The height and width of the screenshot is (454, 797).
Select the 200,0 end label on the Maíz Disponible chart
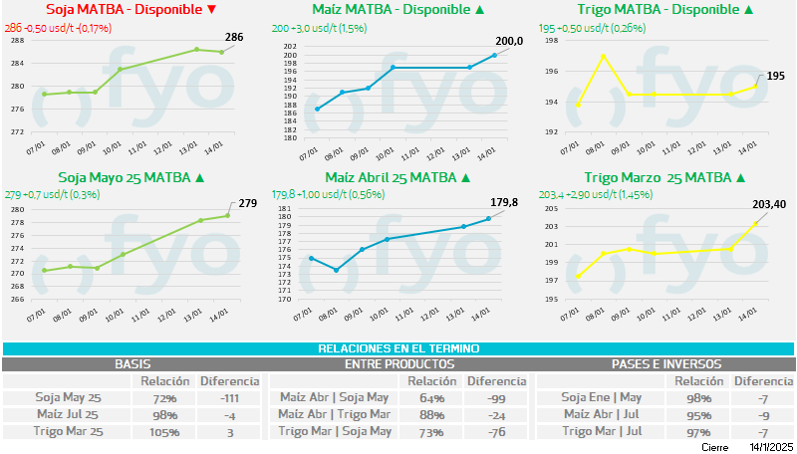pos(510,41)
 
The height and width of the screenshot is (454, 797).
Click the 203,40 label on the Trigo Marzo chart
pos(766,204)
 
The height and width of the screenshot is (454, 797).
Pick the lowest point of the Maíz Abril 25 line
pos(337,270)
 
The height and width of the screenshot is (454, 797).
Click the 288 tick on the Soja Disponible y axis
pos(18,40)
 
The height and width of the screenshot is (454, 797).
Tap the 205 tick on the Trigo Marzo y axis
pos(552,209)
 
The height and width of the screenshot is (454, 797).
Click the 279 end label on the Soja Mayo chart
pos(248,203)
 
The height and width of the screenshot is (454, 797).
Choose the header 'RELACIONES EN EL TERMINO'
pos(398,348)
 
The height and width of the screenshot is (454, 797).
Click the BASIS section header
pos(133,364)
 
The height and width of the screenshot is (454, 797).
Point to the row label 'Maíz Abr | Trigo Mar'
pos(333,415)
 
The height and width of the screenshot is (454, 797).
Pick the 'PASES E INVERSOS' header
pos(666,364)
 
